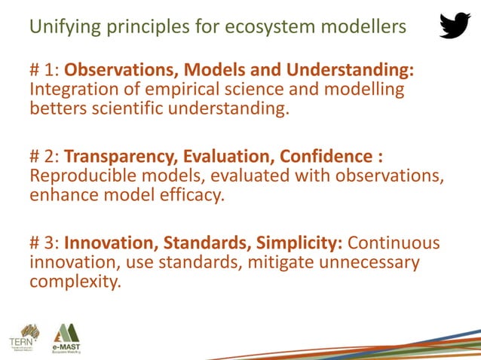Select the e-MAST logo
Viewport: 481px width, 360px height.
pyautogui.click(x=66, y=337)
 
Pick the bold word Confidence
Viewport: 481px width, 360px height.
pyautogui.click(x=326, y=157)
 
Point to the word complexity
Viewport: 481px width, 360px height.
pyautogui.click(x=75, y=282)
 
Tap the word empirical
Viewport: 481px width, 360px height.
pyautogui.click(x=165, y=90)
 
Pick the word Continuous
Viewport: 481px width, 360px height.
pyautogui.click(x=394, y=244)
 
